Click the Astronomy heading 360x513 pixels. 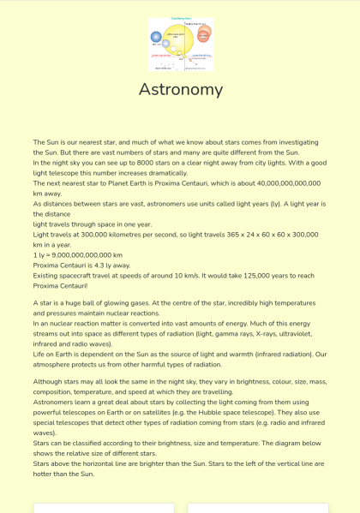(180, 89)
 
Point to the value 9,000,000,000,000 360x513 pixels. (86, 254)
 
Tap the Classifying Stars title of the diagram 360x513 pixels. (180, 19)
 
